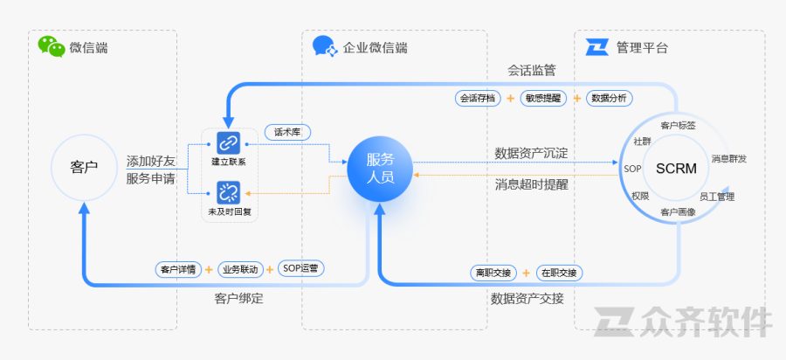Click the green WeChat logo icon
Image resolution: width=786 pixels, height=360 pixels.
(52, 46)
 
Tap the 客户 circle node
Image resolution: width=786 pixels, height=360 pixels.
(84, 166)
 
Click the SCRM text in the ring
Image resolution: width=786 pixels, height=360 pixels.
(676, 168)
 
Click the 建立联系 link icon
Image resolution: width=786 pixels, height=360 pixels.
(228, 142)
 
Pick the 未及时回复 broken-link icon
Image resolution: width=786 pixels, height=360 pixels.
(228, 192)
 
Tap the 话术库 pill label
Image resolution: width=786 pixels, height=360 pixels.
(287, 132)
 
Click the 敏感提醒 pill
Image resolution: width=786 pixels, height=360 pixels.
(544, 98)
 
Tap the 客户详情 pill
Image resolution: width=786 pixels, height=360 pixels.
(178, 268)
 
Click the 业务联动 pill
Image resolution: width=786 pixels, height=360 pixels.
(239, 268)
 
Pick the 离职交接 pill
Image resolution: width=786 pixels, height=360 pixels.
(495, 272)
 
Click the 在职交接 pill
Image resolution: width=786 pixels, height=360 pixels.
(558, 272)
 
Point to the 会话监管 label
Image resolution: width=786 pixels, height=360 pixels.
(532, 69)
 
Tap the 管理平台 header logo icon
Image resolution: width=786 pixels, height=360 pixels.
(597, 47)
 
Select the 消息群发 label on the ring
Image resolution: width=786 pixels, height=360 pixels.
(728, 159)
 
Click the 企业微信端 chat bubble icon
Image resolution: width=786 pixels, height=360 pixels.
(325, 46)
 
